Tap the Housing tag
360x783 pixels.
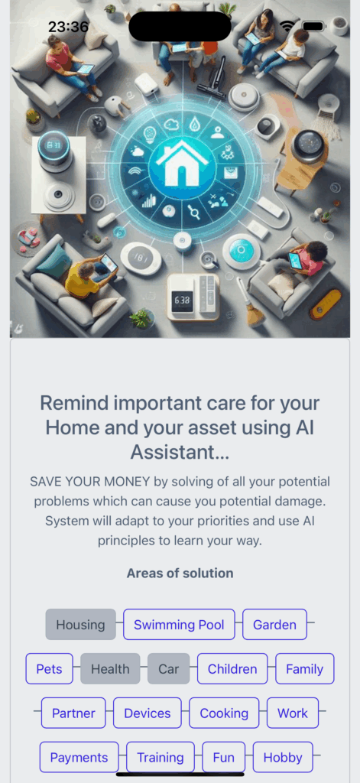pyautogui.click(x=80, y=624)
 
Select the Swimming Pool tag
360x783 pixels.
pyautogui.click(x=179, y=624)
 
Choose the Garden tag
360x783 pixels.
pyautogui.click(x=274, y=624)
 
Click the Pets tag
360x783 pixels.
pyautogui.click(x=50, y=668)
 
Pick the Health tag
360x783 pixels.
pyautogui.click(x=110, y=668)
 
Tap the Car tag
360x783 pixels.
pyautogui.click(x=169, y=668)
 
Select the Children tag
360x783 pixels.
pyautogui.click(x=232, y=668)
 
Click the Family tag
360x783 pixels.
pyautogui.click(x=304, y=668)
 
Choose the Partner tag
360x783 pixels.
pyautogui.click(x=73, y=713)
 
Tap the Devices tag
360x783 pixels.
pyautogui.click(x=148, y=713)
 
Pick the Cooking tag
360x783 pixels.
pyautogui.click(x=224, y=713)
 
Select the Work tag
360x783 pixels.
pyautogui.click(x=293, y=713)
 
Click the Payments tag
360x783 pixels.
pyautogui.click(x=79, y=758)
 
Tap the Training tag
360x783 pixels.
pyautogui.click(x=161, y=758)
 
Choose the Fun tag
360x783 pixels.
pyautogui.click(x=224, y=758)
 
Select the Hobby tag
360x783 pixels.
pyautogui.click(x=283, y=758)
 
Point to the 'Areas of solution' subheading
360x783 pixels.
pyautogui.click(x=180, y=573)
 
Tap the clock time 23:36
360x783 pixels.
pyautogui.click(x=68, y=27)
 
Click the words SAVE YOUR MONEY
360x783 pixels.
pyautogui.click(x=90, y=482)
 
